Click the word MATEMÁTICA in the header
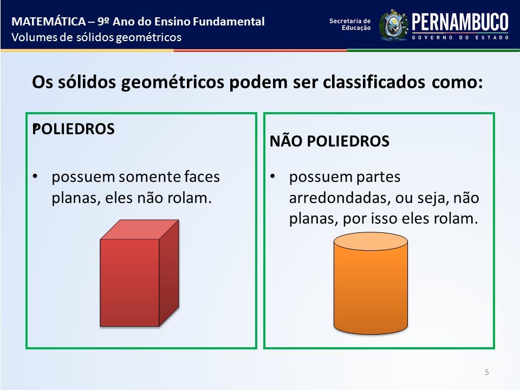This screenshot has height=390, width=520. click(x=49, y=22)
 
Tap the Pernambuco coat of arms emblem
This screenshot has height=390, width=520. click(x=393, y=25)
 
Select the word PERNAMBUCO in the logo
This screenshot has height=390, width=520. click(x=460, y=22)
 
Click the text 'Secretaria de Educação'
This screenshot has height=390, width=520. click(x=350, y=24)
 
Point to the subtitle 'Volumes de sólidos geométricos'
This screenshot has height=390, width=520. click(x=96, y=37)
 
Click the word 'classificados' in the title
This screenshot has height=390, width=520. click(x=374, y=82)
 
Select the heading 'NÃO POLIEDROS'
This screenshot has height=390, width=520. click(x=329, y=141)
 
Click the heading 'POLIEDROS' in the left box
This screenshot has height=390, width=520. click(x=73, y=129)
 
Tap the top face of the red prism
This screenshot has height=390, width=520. click(x=140, y=229)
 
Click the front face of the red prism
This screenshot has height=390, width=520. click(x=129, y=283)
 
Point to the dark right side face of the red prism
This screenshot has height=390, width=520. click(x=169, y=272)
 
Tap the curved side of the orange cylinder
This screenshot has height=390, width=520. click(x=370, y=292)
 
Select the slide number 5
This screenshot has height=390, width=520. click(x=487, y=372)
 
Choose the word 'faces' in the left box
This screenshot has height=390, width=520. click(x=202, y=177)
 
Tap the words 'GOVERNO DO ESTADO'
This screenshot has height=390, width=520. click(x=460, y=37)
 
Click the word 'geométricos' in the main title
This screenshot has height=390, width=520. click(x=172, y=82)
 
